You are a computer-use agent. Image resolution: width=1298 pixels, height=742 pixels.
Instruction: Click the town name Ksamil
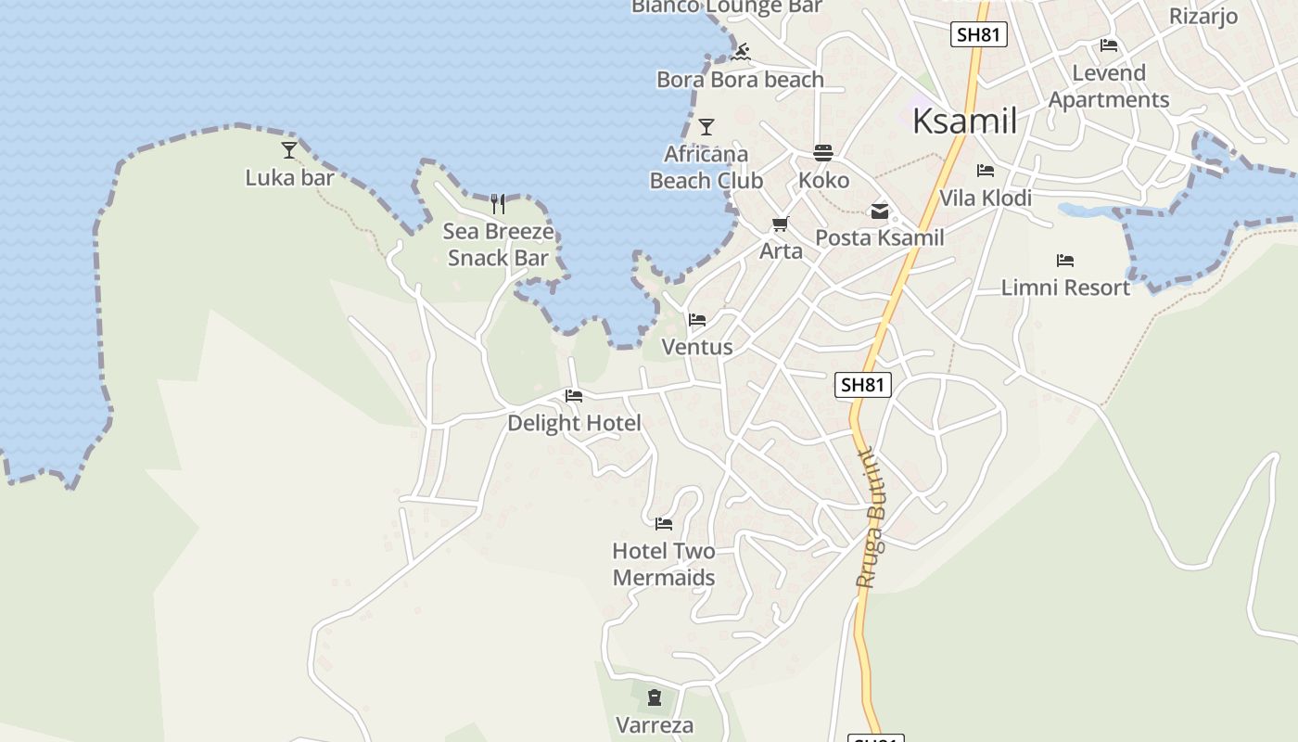tap(964, 122)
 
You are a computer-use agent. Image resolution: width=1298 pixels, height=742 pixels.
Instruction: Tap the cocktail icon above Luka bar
tap(289, 149)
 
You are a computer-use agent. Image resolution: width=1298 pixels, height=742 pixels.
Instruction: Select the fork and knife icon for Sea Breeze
tap(498, 204)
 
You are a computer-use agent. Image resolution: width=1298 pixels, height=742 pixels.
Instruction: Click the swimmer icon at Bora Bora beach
tap(740, 52)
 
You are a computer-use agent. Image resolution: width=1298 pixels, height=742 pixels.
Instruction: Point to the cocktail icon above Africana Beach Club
tap(706, 127)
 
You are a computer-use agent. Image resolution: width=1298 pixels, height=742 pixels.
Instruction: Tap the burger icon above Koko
tap(823, 153)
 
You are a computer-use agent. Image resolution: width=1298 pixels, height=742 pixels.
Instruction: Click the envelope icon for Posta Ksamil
tap(879, 211)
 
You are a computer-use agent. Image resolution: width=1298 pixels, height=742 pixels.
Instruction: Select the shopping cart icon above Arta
tap(781, 224)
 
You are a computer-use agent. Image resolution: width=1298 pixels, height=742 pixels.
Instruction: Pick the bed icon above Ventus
tap(697, 320)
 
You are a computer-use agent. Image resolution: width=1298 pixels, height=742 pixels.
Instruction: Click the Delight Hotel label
tap(574, 424)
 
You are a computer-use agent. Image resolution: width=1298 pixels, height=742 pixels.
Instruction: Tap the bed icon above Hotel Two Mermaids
tap(664, 524)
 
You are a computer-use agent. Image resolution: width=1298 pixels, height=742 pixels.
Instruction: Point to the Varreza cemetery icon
tap(655, 697)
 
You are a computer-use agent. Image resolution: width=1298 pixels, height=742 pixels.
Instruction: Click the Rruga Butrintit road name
tap(870, 519)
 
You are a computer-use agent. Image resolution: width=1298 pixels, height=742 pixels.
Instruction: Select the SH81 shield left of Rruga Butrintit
tap(863, 385)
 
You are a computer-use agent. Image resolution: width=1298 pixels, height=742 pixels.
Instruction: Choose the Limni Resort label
tap(1065, 288)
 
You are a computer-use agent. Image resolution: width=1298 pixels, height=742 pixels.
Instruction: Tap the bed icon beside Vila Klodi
tap(986, 171)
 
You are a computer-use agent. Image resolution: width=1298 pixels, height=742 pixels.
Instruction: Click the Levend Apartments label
tap(1109, 86)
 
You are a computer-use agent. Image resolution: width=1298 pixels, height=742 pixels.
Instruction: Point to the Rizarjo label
tap(1203, 16)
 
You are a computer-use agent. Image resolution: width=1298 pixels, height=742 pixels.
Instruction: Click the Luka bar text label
tap(289, 177)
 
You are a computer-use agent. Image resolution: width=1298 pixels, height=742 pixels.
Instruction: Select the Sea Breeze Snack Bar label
tap(498, 245)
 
